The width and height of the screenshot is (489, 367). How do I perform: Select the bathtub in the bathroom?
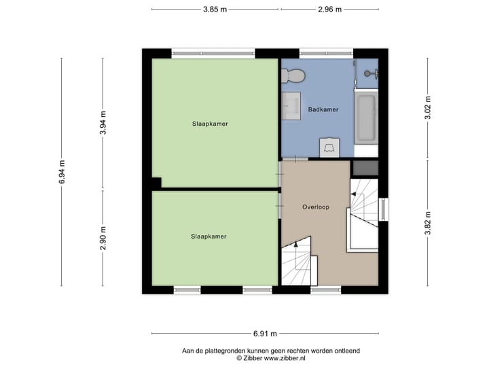pyautogui.click(x=367, y=118)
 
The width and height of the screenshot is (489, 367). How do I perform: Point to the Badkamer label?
pyautogui.click(x=323, y=109)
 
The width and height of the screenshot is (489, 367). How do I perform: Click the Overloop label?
pyautogui.click(x=316, y=207)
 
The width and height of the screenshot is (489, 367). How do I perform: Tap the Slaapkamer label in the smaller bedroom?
pyautogui.click(x=209, y=237)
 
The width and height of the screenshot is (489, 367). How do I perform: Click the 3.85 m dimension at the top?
pyautogui.click(x=215, y=10)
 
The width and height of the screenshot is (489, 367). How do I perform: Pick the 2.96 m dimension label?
pyautogui.click(x=329, y=10)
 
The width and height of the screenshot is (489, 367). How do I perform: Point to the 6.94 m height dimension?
pyautogui.click(x=62, y=173)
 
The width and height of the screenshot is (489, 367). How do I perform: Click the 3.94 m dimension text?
pyautogui.click(x=103, y=123)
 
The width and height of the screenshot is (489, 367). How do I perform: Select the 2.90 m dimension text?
pyautogui.click(x=103, y=238)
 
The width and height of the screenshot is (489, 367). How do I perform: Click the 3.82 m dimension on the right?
pyautogui.click(x=428, y=223)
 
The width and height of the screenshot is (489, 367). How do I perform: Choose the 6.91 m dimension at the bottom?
pyautogui.click(x=264, y=334)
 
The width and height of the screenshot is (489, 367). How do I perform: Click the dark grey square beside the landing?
pyautogui.click(x=365, y=167)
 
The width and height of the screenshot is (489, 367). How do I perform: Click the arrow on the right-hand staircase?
pyautogui.click(x=352, y=196)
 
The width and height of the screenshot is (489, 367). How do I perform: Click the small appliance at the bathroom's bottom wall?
pyautogui.click(x=330, y=147)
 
